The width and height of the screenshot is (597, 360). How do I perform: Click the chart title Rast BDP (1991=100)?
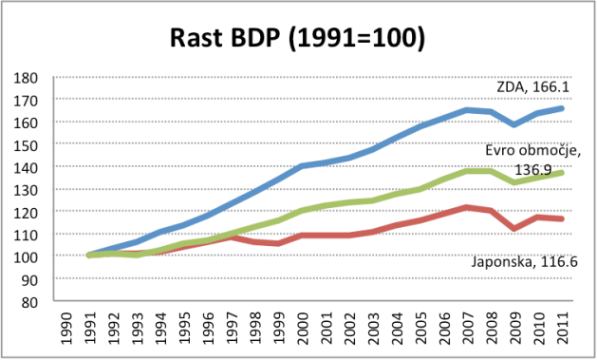pyautogui.click(x=297, y=38)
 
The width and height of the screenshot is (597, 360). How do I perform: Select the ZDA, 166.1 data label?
pyautogui.click(x=532, y=87)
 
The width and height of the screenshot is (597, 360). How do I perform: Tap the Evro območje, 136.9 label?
pyautogui.click(x=533, y=160)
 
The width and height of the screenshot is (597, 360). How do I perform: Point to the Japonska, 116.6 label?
pyautogui.click(x=525, y=262)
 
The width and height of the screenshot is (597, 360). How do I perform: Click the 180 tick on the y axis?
pyautogui.click(x=26, y=78)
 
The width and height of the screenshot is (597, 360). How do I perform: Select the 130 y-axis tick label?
pyautogui.click(x=26, y=190)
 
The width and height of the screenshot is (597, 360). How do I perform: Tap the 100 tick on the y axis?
pyautogui.click(x=26, y=257)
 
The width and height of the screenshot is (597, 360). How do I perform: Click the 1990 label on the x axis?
pyautogui.click(x=65, y=329)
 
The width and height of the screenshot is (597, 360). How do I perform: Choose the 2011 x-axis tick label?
pyautogui.click(x=561, y=329)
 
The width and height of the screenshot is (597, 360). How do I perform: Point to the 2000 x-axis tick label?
pyautogui.click(x=302, y=329)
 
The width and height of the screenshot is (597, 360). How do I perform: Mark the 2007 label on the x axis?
pyautogui.click(x=467, y=329)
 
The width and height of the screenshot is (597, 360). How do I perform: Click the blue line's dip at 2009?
pyautogui.click(x=514, y=124)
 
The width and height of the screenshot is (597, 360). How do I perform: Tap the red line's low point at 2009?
pyautogui.click(x=514, y=229)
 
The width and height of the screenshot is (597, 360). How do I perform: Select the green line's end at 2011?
pyautogui.click(x=561, y=173)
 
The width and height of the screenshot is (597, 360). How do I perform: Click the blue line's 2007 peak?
pyautogui.click(x=467, y=110)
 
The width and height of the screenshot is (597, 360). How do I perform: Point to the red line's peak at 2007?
pyautogui.click(x=467, y=208)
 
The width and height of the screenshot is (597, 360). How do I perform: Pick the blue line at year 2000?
pyautogui.click(x=302, y=165)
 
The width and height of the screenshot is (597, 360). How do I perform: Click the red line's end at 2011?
pyautogui.click(x=561, y=218)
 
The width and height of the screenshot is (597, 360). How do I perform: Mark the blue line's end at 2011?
pyautogui.click(x=561, y=108)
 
